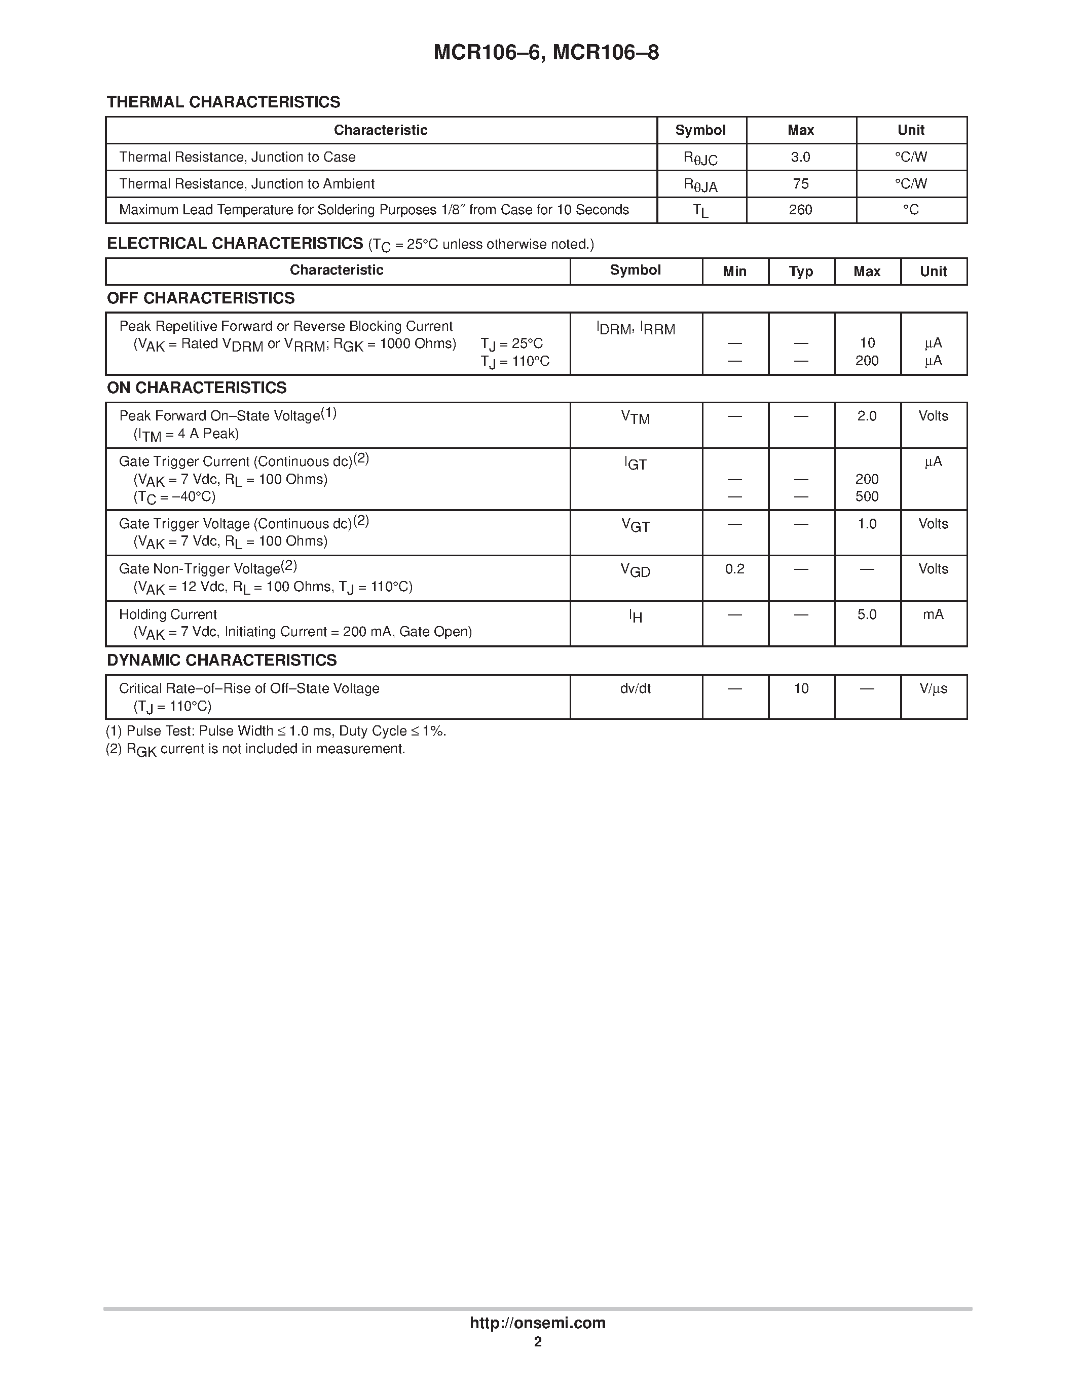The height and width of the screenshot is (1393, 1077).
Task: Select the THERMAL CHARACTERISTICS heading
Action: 224,102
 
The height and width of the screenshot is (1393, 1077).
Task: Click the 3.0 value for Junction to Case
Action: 800,157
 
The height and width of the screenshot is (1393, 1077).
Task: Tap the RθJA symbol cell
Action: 700,185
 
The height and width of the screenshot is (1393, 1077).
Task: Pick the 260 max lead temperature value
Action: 800,210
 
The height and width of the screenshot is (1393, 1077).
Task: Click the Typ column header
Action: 801,272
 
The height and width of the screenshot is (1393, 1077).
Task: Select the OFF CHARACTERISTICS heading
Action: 200,298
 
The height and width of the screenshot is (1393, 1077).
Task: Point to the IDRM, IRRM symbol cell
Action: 636,329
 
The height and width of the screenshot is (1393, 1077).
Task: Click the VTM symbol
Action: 636,418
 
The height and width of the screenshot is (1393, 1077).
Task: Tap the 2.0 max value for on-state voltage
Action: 867,416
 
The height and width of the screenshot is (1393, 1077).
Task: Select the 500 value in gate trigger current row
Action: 867,496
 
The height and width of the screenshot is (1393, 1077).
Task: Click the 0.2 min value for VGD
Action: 734,569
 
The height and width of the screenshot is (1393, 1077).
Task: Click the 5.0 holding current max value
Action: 867,614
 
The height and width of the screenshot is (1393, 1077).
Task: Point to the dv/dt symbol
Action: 636,688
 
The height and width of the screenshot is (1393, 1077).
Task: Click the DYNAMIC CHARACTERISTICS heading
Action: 221,660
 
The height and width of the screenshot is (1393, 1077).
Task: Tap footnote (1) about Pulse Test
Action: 276,731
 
